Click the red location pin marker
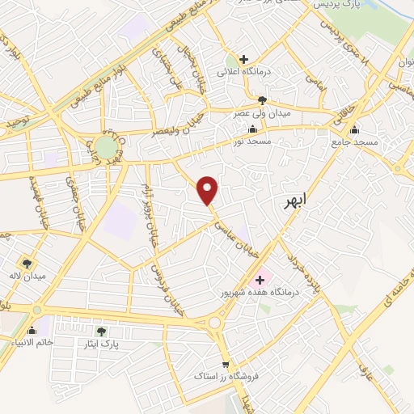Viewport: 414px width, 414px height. tap(209, 189)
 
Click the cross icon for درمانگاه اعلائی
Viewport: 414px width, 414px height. tap(243, 58)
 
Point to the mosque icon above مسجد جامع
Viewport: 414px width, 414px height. tap(354, 129)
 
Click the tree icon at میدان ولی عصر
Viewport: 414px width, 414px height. tap(262, 99)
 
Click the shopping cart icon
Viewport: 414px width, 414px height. tap(225, 364)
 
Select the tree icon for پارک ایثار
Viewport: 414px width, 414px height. tap(101, 331)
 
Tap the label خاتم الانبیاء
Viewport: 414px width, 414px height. tap(31, 343)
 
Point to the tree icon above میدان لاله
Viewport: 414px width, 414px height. tap(27, 263)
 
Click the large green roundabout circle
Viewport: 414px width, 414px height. tap(105, 146)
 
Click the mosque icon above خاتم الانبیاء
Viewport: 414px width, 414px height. tap(32, 330)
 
